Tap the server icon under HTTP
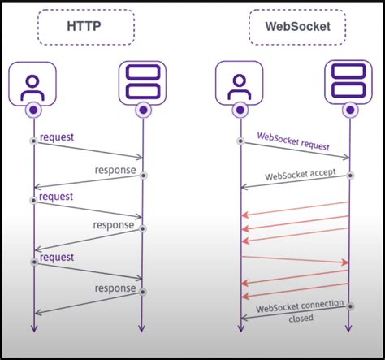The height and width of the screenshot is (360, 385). pyautogui.click(x=142, y=81)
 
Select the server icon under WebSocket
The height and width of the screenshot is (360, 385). pyautogui.click(x=349, y=81)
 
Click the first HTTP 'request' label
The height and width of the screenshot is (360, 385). pyautogui.click(x=56, y=137)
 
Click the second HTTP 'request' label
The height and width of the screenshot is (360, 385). pyautogui.click(x=56, y=197)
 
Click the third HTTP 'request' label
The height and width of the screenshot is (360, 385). pyautogui.click(x=56, y=257)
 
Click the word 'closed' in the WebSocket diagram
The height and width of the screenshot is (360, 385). pyautogui.click(x=301, y=319)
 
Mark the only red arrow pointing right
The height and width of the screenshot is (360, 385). pyautogui.click(x=296, y=260)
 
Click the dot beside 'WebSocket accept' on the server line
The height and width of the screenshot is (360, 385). pyautogui.click(x=350, y=175)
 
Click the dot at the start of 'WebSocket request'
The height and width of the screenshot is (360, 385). pyautogui.click(x=240, y=141)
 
